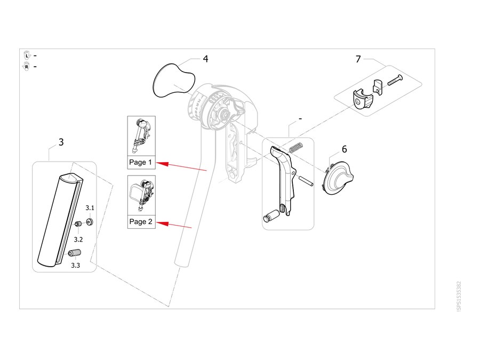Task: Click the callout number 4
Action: (205, 59)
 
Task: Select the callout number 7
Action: (358, 59)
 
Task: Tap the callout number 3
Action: (61, 142)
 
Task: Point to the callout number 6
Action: (345, 149)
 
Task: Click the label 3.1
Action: (90, 208)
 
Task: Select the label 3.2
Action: (78, 239)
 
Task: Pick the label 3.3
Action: (76, 266)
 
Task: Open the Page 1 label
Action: (140, 162)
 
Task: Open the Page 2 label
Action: (141, 222)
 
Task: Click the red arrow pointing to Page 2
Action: (174, 225)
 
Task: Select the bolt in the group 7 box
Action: (395, 80)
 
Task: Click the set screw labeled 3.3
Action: (75, 253)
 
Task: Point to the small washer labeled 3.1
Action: (90, 221)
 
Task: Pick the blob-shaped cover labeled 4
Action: (173, 81)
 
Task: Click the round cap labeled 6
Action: (338, 178)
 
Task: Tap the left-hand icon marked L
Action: (27, 55)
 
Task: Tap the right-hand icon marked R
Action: (27, 67)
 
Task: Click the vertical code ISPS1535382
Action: (459, 297)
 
